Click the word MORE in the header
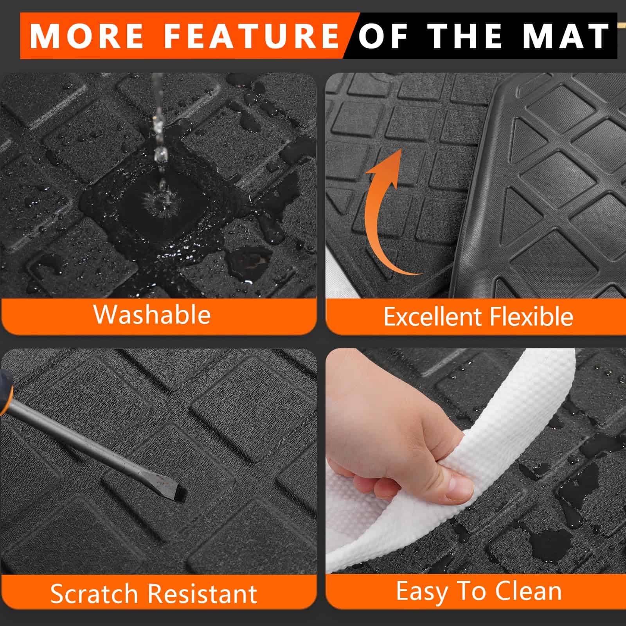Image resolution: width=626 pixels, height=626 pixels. (86, 36)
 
